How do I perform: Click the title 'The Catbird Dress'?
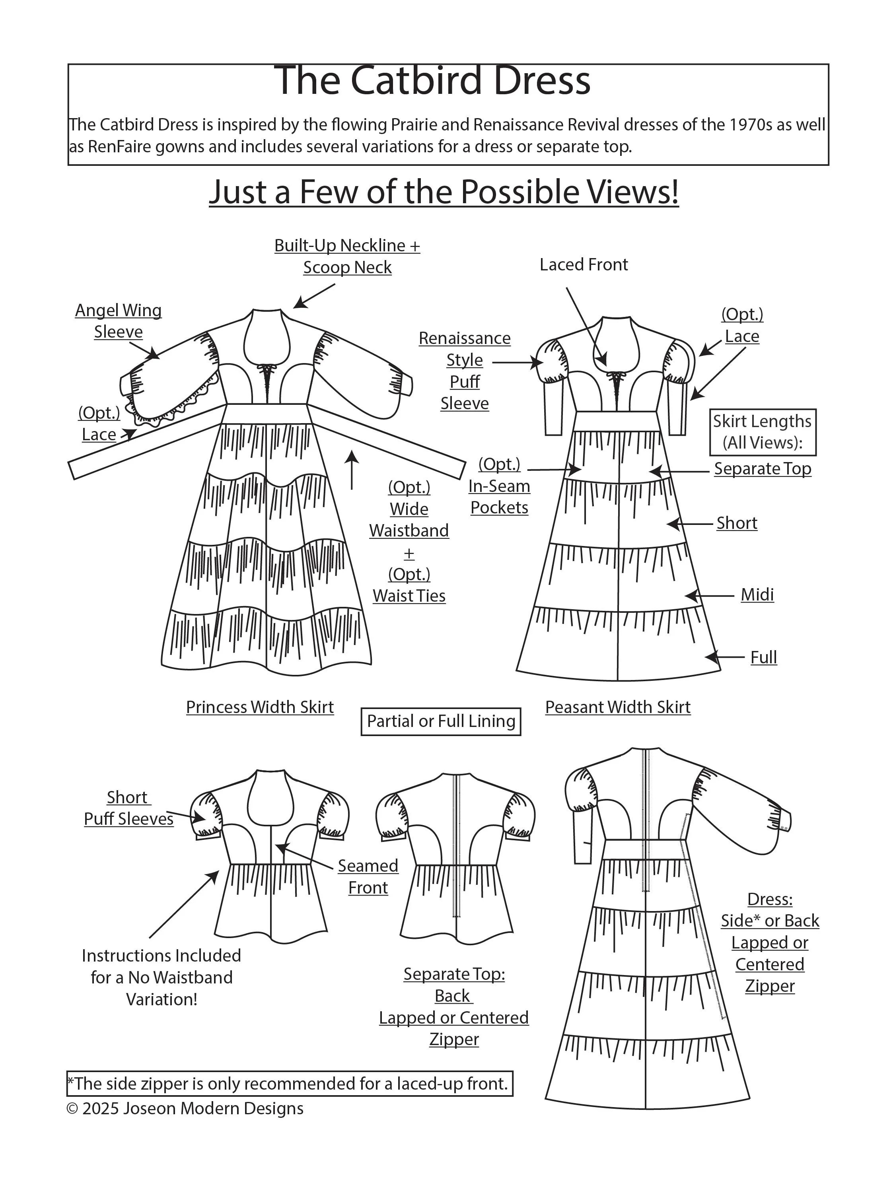coord(432,81)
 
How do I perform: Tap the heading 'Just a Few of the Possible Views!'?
coord(444,192)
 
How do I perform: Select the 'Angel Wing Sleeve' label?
coord(118,321)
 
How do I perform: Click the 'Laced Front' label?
coord(584,265)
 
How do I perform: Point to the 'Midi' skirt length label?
coord(757,595)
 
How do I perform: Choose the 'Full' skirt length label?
coord(763,657)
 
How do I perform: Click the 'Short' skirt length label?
coord(736,523)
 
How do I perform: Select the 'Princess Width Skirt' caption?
coord(259,707)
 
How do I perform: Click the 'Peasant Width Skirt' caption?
coord(618,707)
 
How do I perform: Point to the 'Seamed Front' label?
coord(368,876)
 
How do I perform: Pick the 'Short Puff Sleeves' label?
coord(128,808)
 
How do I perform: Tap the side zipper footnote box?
coord(290,1084)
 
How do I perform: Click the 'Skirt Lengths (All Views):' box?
coord(762,432)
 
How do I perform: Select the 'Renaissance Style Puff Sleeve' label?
coord(465,371)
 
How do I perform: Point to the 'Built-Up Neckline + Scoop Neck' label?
coord(347,256)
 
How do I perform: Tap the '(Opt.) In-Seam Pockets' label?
coord(499,486)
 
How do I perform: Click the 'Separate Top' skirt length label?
coord(762,469)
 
